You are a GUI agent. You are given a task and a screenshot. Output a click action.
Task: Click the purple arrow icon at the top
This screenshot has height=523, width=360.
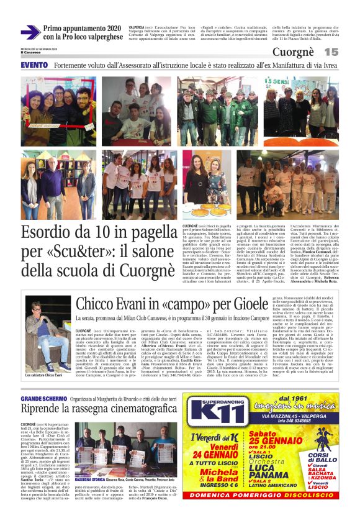30,32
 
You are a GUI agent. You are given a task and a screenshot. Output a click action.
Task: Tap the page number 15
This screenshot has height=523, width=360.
331,52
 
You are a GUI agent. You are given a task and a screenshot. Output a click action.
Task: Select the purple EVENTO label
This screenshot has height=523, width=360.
34,65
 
